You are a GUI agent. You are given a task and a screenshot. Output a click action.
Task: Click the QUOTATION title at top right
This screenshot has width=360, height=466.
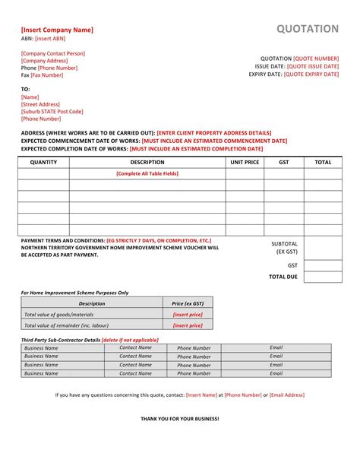point(307,29)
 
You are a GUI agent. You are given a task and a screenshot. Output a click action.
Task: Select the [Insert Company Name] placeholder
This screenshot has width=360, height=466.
point(57,30)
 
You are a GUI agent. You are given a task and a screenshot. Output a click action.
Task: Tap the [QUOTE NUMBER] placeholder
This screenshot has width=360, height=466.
point(316,58)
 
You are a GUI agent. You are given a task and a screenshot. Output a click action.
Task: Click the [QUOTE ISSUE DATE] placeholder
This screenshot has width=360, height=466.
point(313,66)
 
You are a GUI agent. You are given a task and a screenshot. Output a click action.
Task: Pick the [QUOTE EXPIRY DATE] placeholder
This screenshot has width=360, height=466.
point(311,74)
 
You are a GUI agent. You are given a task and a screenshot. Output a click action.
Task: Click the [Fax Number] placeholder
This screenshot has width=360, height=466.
point(47,75)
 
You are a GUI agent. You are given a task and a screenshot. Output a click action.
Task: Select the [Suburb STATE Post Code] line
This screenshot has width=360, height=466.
point(52,111)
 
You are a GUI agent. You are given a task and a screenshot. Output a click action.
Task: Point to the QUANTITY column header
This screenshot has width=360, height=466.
point(43,162)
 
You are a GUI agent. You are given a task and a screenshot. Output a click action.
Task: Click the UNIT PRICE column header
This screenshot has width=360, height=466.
point(245,162)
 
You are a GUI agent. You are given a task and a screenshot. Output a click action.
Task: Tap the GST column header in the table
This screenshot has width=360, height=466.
point(284,162)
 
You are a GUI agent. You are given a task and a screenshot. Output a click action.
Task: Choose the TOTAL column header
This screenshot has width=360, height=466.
point(323,162)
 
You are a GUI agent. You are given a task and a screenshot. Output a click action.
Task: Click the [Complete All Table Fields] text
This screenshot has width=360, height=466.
point(147,173)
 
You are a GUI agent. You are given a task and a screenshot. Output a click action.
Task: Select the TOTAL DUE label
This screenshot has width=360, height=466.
point(283,277)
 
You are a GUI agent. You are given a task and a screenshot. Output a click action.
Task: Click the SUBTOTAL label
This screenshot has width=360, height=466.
point(285,244)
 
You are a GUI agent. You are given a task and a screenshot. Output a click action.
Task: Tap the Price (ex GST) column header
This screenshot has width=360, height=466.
point(188,303)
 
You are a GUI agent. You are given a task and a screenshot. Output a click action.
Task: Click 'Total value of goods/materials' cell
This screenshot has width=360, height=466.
point(59,314)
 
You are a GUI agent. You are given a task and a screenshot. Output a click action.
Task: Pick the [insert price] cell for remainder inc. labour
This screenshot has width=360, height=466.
point(188,325)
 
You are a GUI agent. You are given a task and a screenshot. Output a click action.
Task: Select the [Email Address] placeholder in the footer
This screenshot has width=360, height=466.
point(287,395)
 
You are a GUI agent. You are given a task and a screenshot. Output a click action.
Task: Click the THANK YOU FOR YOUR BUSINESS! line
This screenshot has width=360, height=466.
point(179,419)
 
